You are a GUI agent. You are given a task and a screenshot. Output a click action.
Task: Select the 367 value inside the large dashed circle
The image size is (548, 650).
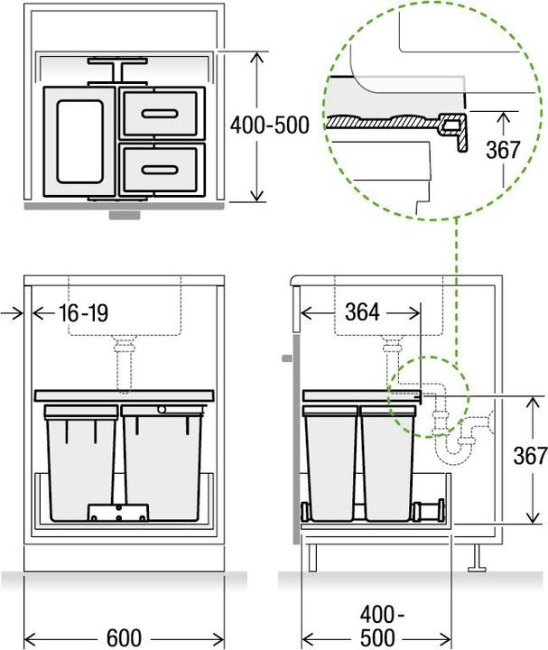[x=501, y=150]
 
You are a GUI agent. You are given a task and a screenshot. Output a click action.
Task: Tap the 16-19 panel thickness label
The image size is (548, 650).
[x=82, y=313]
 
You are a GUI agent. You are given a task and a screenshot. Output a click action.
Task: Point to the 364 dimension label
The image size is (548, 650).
[x=363, y=312]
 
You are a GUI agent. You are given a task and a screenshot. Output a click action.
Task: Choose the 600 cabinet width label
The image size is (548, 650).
[x=123, y=637]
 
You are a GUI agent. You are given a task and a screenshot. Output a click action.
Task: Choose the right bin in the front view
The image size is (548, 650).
[x=163, y=460]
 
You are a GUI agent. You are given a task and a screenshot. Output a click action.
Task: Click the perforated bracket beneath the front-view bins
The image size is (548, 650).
[x=117, y=512]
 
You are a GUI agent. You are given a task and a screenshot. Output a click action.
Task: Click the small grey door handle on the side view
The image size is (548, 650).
[x=286, y=358]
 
